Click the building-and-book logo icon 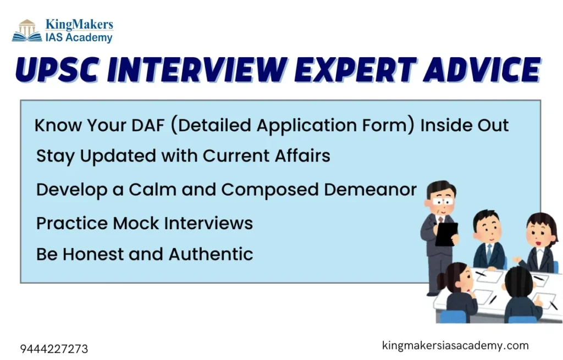point(27,31)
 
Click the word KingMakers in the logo point(79,24)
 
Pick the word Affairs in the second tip point(302,156)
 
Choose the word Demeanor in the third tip point(370,190)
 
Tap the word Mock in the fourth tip point(136,223)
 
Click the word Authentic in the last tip point(211,254)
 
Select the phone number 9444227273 point(54,349)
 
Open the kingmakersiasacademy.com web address point(455,345)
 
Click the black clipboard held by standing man point(446,234)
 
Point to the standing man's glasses point(443,201)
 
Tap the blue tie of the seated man point(489,252)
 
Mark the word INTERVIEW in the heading point(197,70)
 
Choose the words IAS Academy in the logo point(79,37)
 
